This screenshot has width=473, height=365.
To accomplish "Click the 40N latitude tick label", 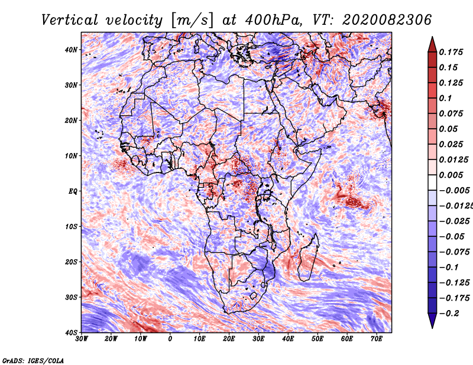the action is tap(71, 50).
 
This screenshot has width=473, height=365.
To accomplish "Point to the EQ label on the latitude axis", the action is tap(73, 191).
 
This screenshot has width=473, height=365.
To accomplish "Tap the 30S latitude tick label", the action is tap(71, 298).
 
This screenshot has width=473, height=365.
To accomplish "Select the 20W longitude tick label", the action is tap(111, 339).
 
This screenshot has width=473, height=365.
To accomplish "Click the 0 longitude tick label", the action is tap(170, 339).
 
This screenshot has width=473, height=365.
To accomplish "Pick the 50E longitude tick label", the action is tap(318, 339).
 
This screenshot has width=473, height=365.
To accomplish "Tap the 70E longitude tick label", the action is tap(376, 339).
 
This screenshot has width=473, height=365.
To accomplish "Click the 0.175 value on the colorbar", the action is tap(451, 52).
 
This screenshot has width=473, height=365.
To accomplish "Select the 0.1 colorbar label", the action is tap(446, 98).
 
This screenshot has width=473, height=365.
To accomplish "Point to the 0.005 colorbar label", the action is tap(451, 175).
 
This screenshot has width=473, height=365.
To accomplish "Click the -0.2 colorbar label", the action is tap(449, 314).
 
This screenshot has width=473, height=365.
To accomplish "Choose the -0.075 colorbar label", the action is tap(455, 252).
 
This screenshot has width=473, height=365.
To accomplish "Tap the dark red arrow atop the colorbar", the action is tap(432, 44).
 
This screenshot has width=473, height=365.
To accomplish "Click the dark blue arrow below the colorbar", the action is tap(432, 321).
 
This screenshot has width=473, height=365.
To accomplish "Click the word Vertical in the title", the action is tap(70, 20).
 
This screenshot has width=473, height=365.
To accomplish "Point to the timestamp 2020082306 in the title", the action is tap(387, 20).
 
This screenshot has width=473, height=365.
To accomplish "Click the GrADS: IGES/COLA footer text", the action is tap(33, 360).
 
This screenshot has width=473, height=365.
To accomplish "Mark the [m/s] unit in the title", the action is tap(192, 21).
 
